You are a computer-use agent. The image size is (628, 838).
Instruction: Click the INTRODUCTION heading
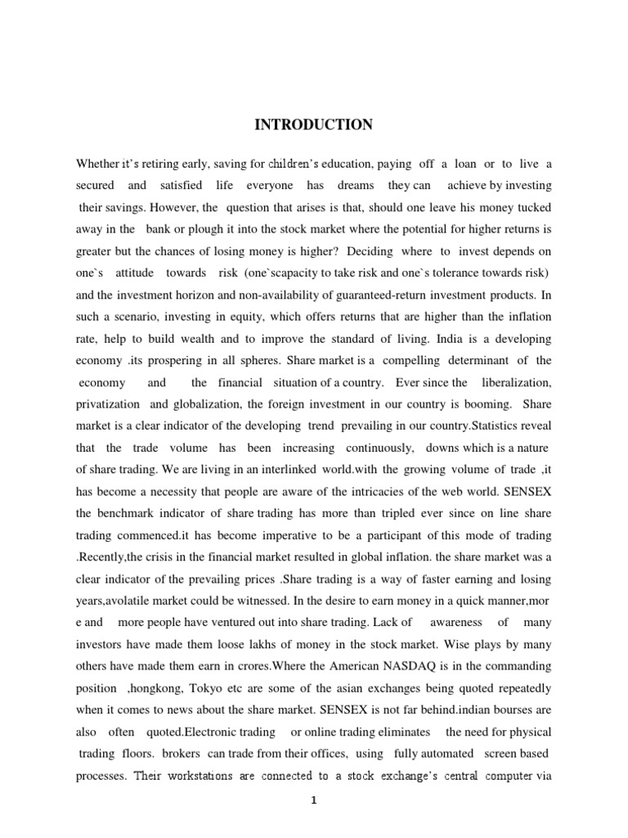(x=313, y=125)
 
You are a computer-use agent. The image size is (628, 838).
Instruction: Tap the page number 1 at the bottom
(x=313, y=801)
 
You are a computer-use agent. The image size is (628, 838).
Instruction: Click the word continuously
(x=382, y=426)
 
